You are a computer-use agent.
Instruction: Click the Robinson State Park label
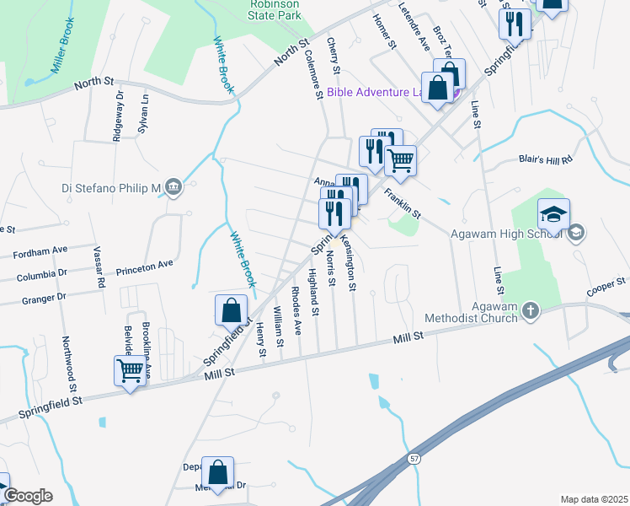[274, 10]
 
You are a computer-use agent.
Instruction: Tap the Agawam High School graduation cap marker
[553, 217]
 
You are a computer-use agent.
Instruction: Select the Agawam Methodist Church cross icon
[531, 311]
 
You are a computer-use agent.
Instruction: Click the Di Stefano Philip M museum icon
[174, 186]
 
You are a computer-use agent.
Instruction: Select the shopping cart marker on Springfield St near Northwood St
[131, 371]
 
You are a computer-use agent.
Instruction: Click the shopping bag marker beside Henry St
[232, 311]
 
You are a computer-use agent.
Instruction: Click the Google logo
[27, 496]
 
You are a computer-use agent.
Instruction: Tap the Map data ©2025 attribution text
[594, 499]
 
